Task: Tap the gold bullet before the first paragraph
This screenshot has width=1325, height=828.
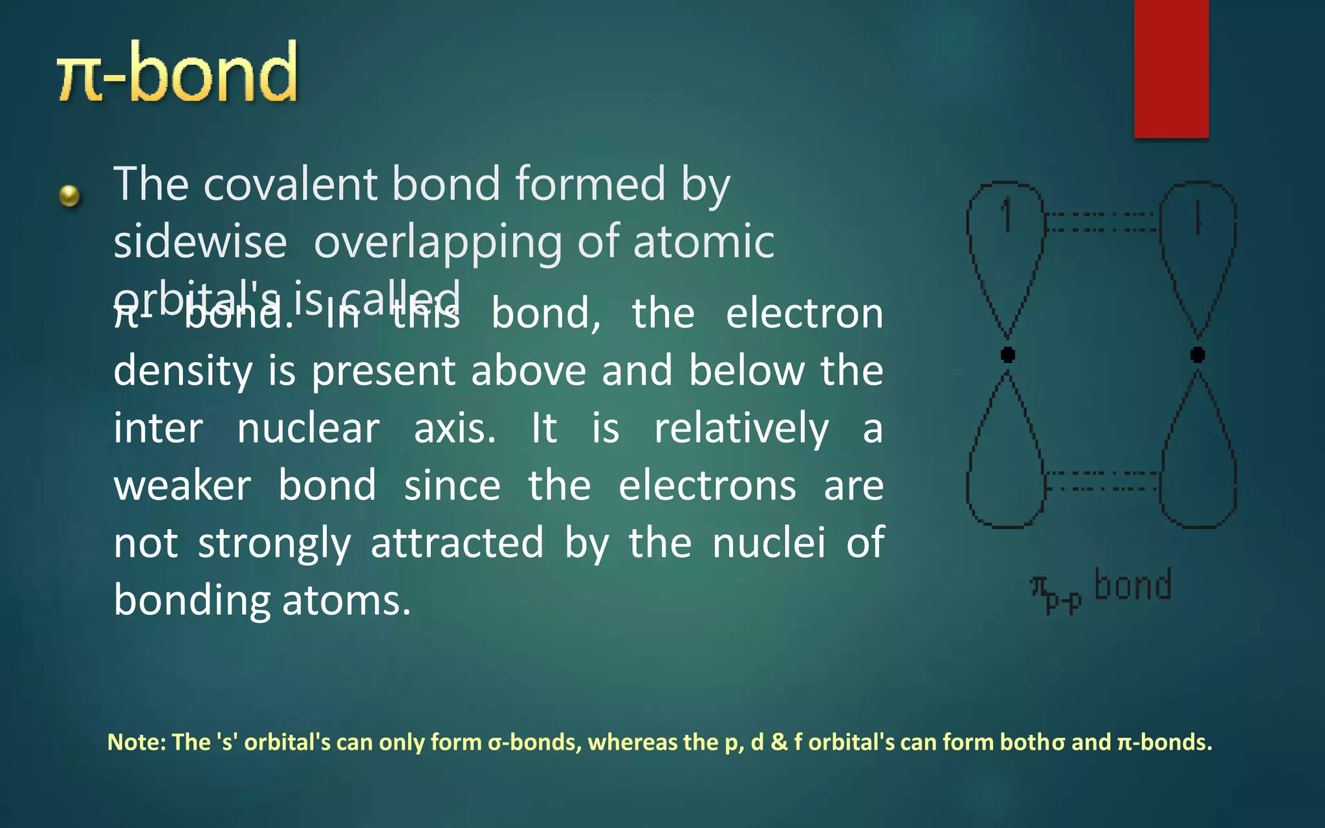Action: pyautogui.click(x=69, y=195)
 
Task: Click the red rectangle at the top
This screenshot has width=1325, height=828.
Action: pyautogui.click(x=1171, y=68)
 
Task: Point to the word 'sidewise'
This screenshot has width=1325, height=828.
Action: pyautogui.click(x=200, y=242)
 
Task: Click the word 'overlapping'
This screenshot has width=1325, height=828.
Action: pyautogui.click(x=438, y=243)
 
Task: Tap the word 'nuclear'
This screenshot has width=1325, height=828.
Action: pyautogui.click(x=308, y=428)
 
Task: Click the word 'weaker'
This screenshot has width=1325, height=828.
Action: pyautogui.click(x=182, y=486)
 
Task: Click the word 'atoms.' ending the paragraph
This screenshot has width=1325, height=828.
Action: pyautogui.click(x=346, y=600)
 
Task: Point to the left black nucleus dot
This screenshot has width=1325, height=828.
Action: pyautogui.click(x=1007, y=354)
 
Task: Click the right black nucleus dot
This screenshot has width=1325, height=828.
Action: pyautogui.click(x=1198, y=354)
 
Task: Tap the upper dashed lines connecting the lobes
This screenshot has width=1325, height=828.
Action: pyautogui.click(x=1101, y=221)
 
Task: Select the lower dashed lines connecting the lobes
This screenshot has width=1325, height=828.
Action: pyautogui.click(x=1101, y=481)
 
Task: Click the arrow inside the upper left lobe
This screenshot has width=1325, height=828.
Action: pyautogui.click(x=1007, y=215)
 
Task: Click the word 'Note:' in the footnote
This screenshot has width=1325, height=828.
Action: pyautogui.click(x=137, y=742)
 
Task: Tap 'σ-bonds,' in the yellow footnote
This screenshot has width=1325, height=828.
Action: pyautogui.click(x=534, y=742)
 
